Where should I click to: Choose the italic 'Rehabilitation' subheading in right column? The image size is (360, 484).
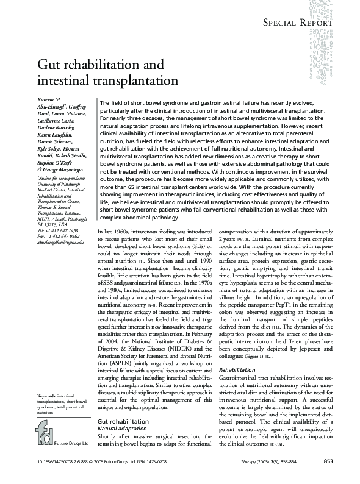[236, 369]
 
